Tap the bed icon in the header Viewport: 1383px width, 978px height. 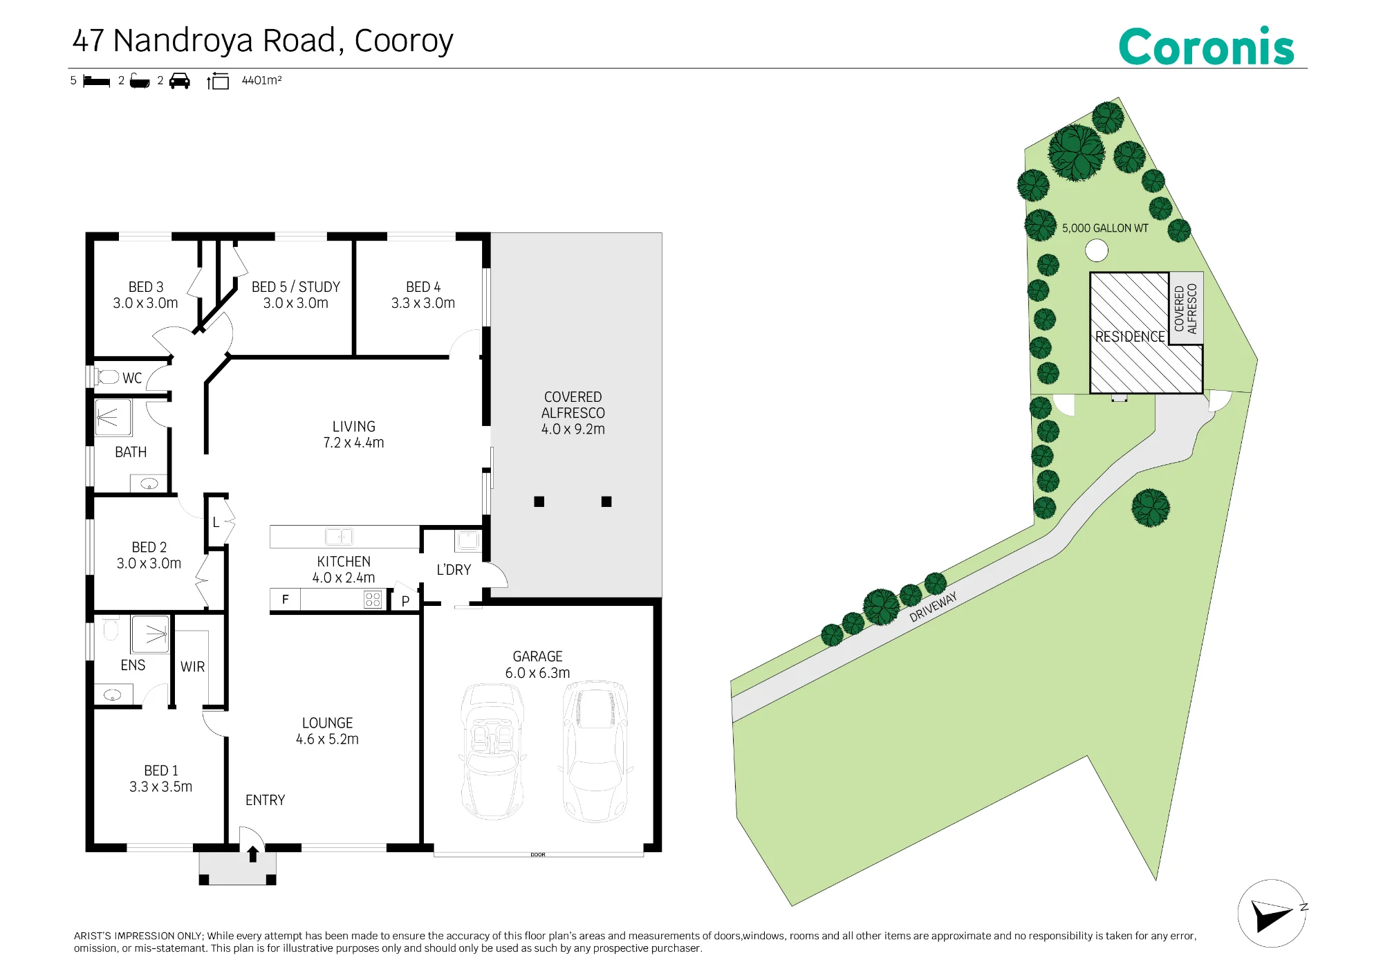pyautogui.click(x=96, y=82)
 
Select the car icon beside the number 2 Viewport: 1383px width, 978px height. pyautogui.click(x=179, y=81)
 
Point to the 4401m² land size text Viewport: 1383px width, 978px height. pyautogui.click(x=261, y=80)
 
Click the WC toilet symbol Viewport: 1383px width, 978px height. pyautogui.click(x=109, y=377)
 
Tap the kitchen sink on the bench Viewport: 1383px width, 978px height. pyautogui.click(x=339, y=537)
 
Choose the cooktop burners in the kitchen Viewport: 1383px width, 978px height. pyautogui.click(x=373, y=600)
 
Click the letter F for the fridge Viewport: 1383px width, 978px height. pyautogui.click(x=285, y=599)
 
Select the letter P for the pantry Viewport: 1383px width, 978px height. pyautogui.click(x=405, y=602)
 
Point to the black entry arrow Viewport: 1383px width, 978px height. pyautogui.click(x=253, y=854)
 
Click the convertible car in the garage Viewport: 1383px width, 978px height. pyautogui.click(x=492, y=751)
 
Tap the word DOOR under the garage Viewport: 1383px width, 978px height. pyautogui.click(x=538, y=855)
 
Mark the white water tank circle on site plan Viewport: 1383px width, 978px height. pyautogui.click(x=1097, y=250)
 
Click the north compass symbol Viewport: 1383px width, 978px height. pyautogui.click(x=1272, y=914)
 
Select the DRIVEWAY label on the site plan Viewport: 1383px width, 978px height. pyautogui.click(x=934, y=607)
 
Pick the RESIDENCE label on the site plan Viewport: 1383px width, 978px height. pyautogui.click(x=1130, y=337)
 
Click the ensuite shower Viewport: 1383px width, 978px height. pyautogui.click(x=151, y=634)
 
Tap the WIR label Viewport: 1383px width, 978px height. pyautogui.click(x=192, y=667)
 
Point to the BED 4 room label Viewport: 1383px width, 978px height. pyautogui.click(x=423, y=286)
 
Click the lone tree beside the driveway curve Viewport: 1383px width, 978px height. pyautogui.click(x=1151, y=508)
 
